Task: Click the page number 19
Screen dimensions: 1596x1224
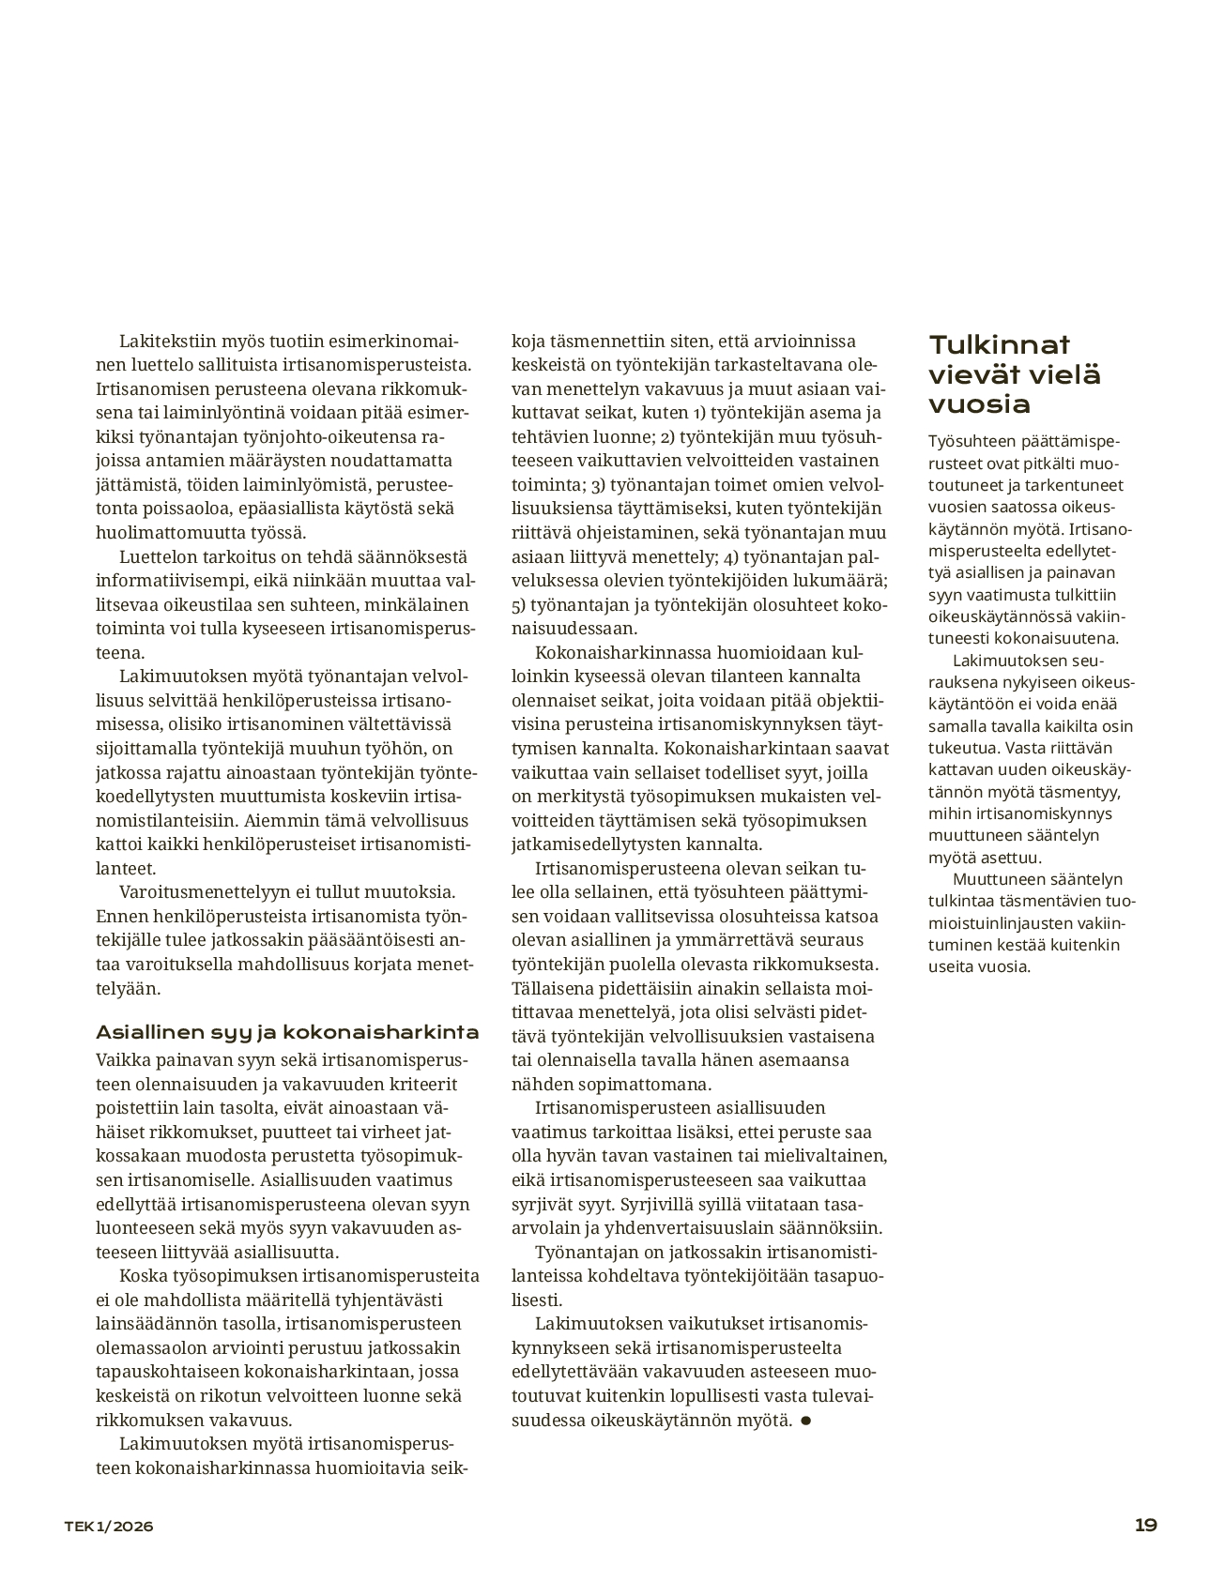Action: click(1145, 1525)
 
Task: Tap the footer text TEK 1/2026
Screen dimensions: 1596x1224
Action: click(108, 1526)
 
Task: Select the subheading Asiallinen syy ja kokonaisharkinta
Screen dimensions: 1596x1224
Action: click(287, 1032)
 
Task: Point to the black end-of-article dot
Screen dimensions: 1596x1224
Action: click(806, 1421)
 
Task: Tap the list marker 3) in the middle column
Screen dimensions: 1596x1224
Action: click(599, 485)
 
